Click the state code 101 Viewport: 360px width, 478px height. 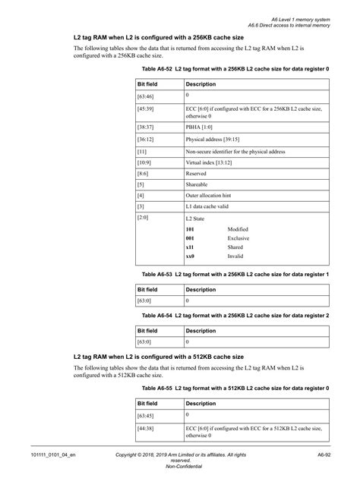(x=191, y=229)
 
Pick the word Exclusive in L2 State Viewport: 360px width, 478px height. (x=239, y=238)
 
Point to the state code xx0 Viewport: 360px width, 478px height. (x=191, y=257)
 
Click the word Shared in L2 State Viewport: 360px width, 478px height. (x=236, y=248)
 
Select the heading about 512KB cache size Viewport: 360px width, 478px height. (x=158, y=356)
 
